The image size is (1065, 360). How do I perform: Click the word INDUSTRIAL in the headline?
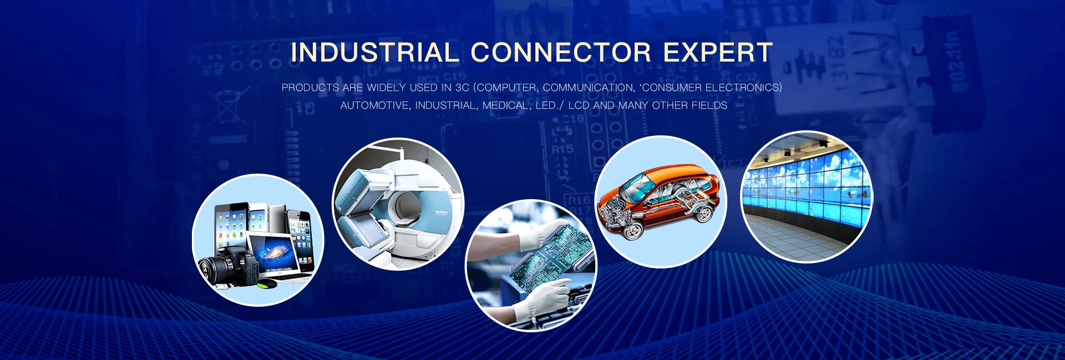(x=375, y=53)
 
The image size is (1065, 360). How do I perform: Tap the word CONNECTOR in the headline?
(x=561, y=53)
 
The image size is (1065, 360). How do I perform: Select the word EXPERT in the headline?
(x=718, y=53)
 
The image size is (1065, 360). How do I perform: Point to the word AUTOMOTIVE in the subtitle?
(x=374, y=105)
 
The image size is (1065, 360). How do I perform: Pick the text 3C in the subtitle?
(x=462, y=88)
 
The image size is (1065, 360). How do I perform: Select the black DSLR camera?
(x=228, y=269)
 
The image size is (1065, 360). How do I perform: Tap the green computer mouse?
(x=267, y=283)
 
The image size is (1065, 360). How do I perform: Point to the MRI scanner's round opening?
(x=409, y=205)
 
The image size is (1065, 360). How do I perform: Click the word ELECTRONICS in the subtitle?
(x=743, y=88)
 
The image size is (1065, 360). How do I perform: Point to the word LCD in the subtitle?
(x=579, y=105)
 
